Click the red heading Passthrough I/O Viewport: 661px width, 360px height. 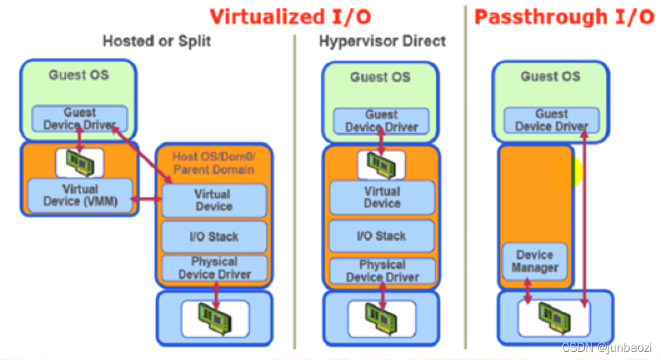564,16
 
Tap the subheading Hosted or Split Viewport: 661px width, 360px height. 156,42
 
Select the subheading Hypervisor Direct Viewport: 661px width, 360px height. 382,42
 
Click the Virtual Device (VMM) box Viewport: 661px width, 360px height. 81,194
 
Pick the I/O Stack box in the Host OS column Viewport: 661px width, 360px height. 214,237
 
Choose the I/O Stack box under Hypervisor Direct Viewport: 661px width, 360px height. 381,236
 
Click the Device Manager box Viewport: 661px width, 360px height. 535,261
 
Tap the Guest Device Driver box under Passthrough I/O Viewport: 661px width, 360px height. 551,120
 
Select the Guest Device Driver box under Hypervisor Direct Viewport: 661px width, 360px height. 381,121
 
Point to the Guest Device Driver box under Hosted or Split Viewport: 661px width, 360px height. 79,119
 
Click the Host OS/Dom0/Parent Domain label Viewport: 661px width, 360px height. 213,162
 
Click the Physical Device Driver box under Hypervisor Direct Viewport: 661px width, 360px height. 382,271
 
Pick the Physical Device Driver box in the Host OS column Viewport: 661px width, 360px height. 214,268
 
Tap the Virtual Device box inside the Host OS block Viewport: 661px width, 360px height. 214,201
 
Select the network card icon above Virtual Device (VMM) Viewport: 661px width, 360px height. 79,162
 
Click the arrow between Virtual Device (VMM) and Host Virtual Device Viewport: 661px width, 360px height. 147,200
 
